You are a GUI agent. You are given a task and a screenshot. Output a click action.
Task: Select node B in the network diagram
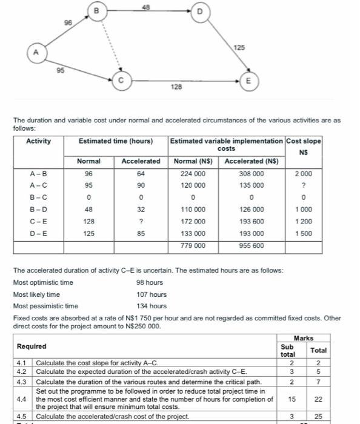pos(96,10)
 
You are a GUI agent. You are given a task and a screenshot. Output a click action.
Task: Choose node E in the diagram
pos(246,79)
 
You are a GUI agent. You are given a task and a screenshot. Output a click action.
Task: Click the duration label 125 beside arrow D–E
pos(240,46)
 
